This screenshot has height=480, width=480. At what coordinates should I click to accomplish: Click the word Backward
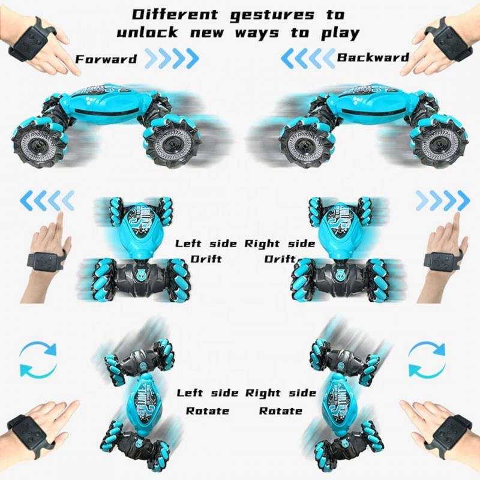coord(373,57)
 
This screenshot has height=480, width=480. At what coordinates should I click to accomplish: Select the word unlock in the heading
coord(147,32)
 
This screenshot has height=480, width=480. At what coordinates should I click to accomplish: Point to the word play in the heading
coord(340,33)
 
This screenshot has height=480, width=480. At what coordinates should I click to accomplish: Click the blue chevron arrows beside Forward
coord(172,58)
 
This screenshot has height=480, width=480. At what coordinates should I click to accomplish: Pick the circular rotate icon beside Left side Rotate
coord(38,359)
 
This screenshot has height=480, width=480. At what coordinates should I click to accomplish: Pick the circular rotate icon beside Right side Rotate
coord(427,359)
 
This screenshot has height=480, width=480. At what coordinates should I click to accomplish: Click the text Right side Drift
coord(280,251)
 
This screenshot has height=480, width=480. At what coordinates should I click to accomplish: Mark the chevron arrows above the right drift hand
coord(443,200)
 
